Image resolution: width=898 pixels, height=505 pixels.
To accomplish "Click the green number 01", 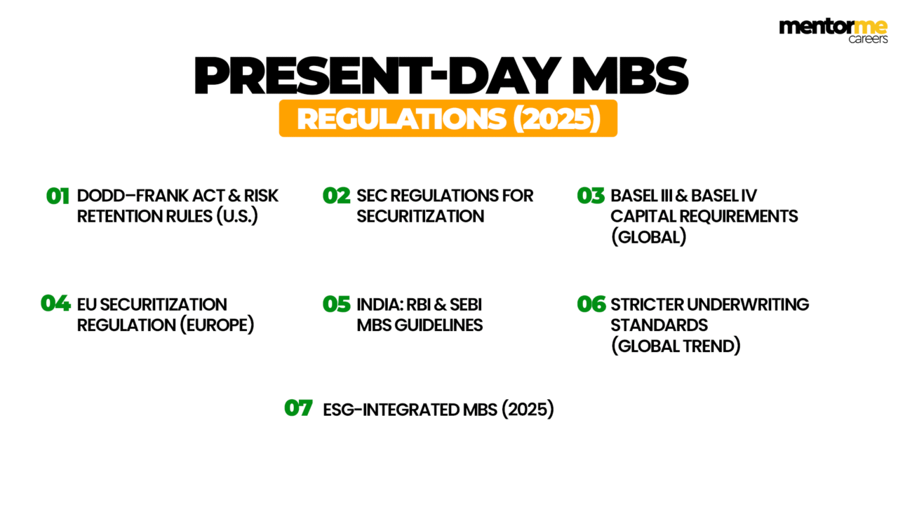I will point(58,196).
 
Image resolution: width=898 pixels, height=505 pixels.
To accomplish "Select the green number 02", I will point(337,196).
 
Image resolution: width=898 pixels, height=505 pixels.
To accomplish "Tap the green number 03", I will point(591,196).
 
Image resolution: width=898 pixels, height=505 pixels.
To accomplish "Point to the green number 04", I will point(55,304).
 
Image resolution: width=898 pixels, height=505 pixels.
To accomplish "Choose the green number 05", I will point(337,304).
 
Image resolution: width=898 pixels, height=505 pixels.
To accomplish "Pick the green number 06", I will point(591,304).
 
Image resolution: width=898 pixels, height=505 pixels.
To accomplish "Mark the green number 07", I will point(298,408).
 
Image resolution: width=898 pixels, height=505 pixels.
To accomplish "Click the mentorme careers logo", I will point(833,32).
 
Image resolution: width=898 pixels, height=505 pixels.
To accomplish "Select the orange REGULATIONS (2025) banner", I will point(448,119).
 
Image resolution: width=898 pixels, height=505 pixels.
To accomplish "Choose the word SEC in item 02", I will point(373,196).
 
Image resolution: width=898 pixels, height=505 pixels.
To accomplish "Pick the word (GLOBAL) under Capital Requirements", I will point(648,237).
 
